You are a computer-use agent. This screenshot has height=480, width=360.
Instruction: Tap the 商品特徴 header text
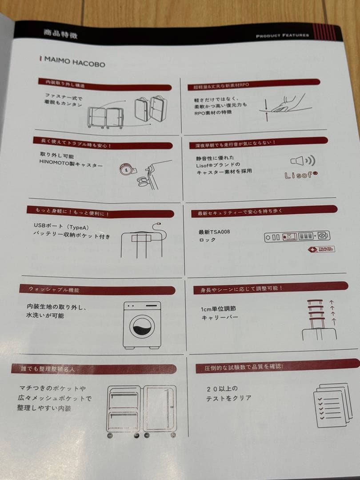click(x=60, y=33)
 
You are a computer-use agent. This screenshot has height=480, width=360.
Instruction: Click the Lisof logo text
click(x=301, y=175)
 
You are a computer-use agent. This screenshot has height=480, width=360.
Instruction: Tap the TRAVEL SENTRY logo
click(x=321, y=249)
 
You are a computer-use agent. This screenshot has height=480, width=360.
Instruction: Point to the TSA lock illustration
click(x=297, y=236)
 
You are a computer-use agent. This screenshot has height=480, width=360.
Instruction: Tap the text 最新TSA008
click(x=214, y=232)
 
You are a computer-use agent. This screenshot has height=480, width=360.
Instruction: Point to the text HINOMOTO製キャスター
click(x=71, y=165)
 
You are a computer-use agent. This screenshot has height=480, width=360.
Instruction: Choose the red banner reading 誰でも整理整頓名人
click(x=93, y=368)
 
